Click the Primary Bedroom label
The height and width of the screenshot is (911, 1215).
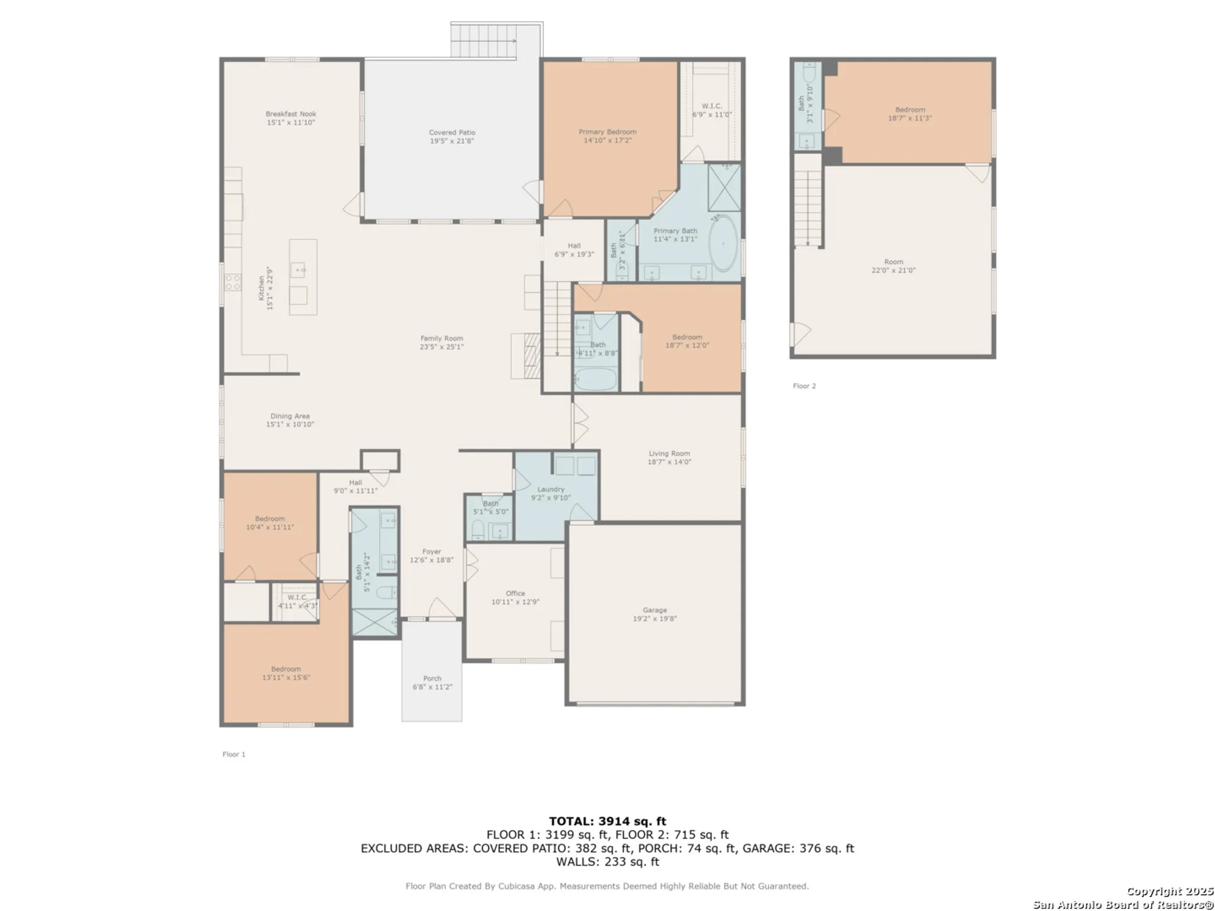607,132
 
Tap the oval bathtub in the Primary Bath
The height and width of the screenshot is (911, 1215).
723,243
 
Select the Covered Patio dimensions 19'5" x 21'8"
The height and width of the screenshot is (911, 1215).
451,141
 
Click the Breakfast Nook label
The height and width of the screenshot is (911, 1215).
290,114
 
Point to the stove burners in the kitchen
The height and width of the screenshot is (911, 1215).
233,282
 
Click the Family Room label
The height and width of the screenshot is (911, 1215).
442,338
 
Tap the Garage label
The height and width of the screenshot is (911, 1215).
654,610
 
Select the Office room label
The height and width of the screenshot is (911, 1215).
515,593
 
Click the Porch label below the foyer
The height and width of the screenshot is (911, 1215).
432,678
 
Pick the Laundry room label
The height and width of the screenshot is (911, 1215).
551,489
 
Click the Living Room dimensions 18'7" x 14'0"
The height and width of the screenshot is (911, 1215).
669,462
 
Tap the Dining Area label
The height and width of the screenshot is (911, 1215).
290,416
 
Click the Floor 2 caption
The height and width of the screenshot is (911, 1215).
804,386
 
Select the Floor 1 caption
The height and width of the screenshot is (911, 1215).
234,754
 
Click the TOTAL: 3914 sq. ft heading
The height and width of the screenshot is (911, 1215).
607,821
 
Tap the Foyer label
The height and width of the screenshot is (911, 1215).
431,551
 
